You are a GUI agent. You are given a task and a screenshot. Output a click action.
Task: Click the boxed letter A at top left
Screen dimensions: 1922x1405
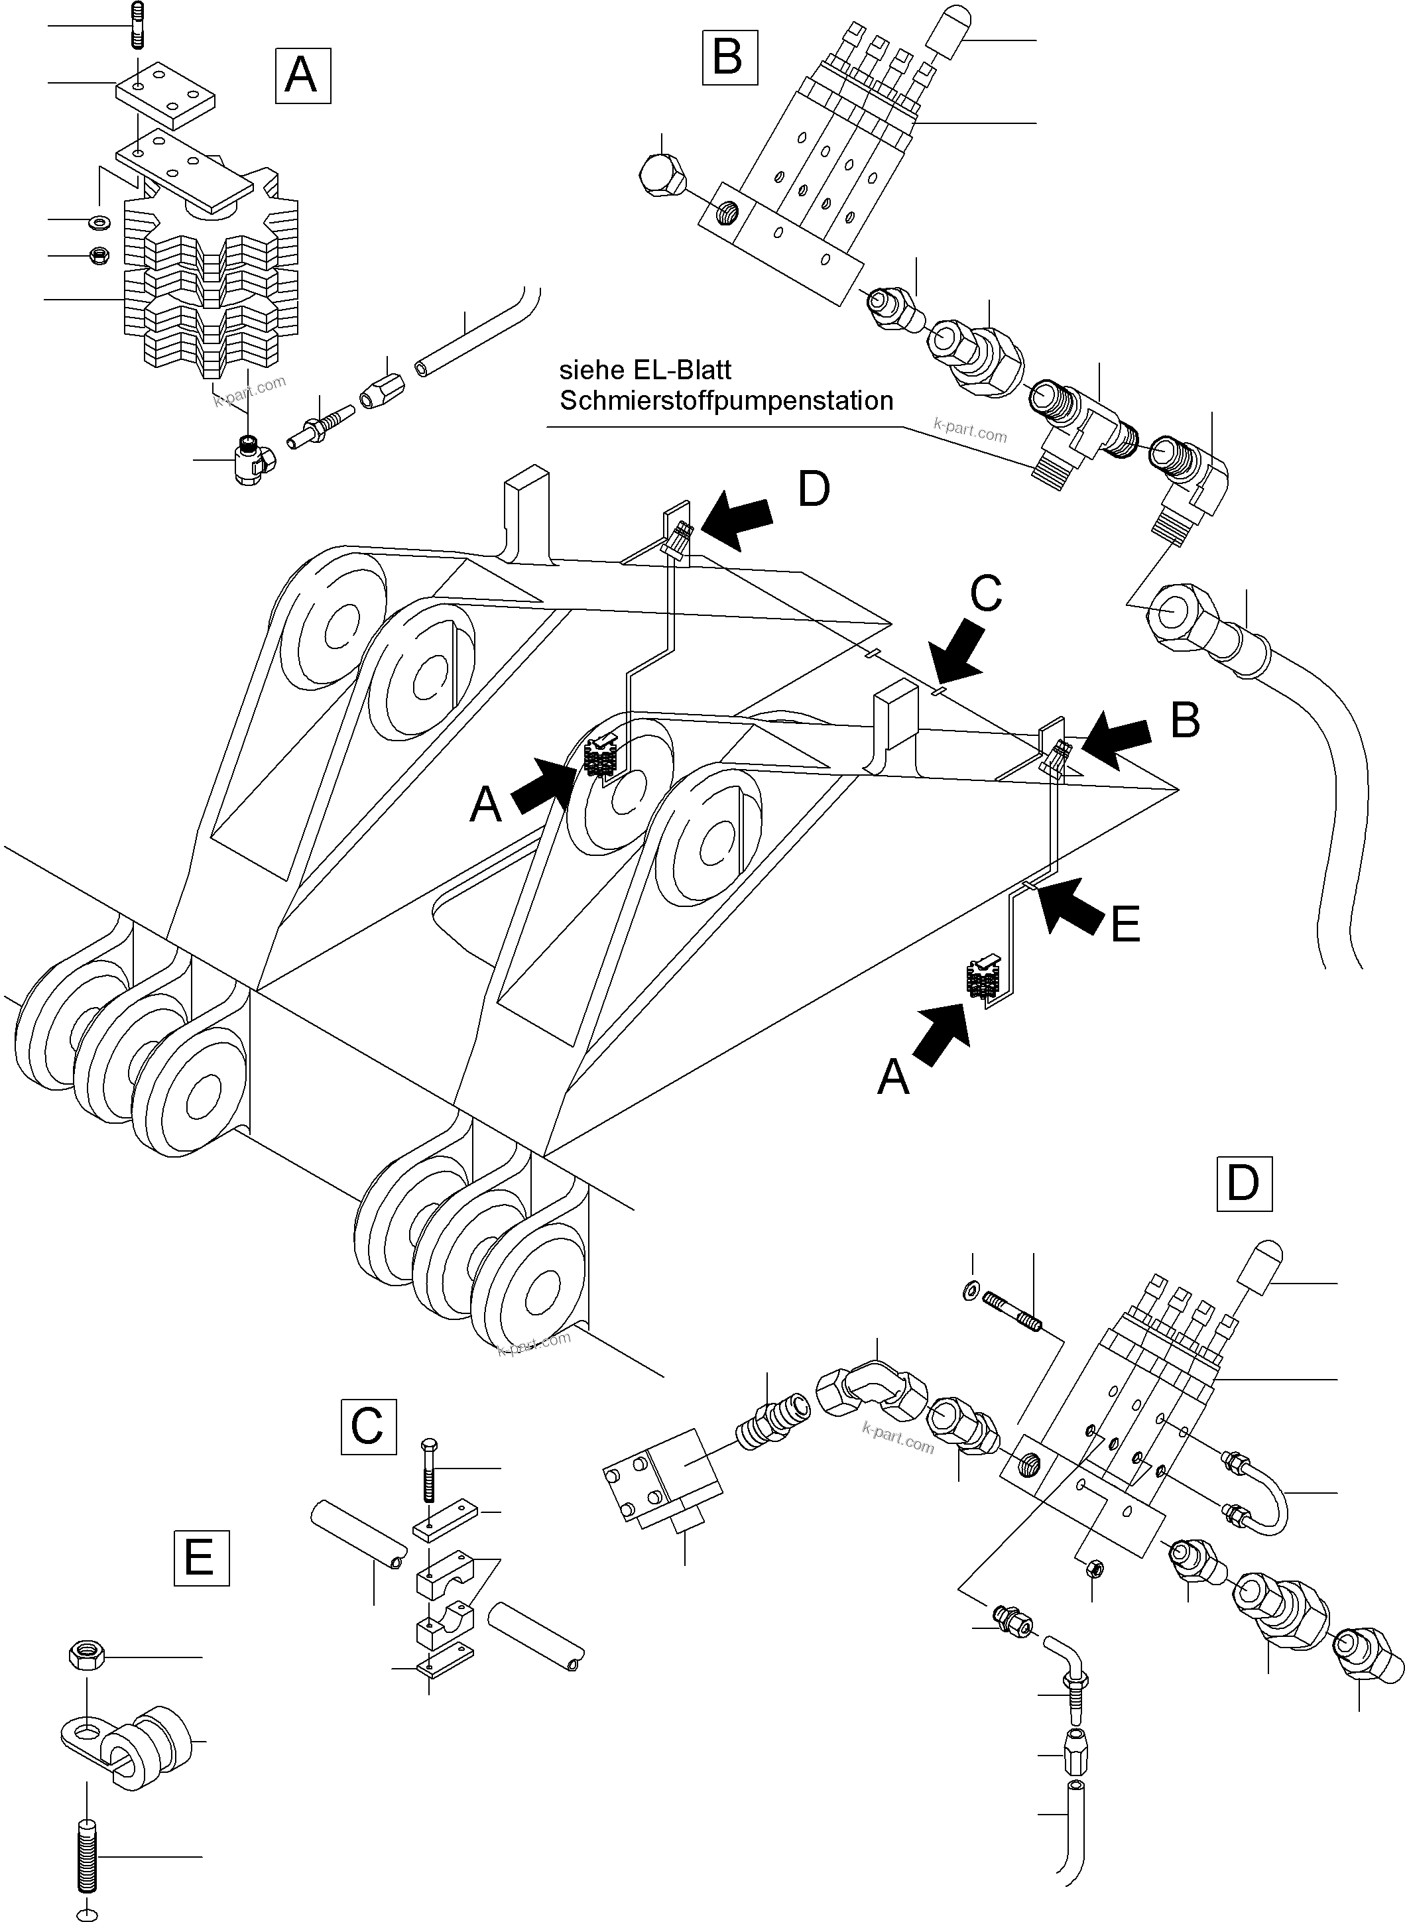tap(303, 76)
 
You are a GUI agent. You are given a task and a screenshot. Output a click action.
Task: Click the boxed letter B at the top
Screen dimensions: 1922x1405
tap(729, 57)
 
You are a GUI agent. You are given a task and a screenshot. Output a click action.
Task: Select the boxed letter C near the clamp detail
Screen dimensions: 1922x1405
tap(368, 1426)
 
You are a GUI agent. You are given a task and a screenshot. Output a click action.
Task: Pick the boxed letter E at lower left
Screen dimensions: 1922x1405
tap(201, 1558)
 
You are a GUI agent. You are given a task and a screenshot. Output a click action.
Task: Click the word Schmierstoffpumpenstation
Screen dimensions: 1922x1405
tap(725, 400)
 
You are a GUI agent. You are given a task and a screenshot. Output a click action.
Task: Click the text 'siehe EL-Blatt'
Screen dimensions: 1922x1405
tap(644, 370)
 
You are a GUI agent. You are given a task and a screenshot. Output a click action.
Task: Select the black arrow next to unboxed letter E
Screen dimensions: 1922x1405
tap(1072, 906)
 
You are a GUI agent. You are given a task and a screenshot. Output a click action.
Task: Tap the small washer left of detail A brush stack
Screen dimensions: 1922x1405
tap(99, 223)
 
